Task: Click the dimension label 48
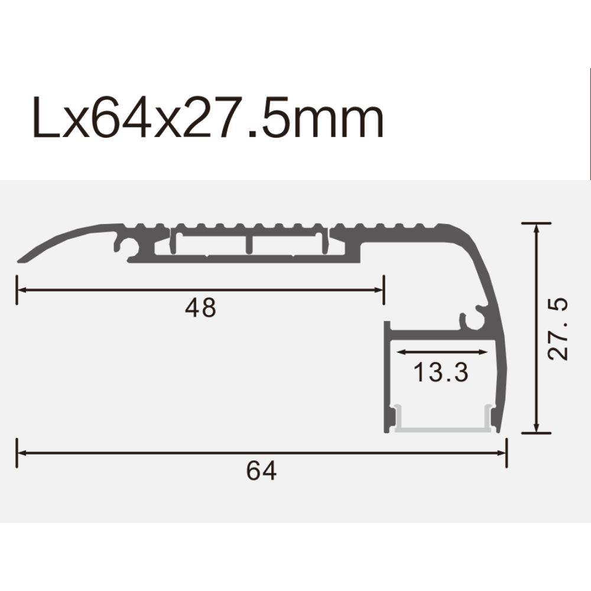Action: pyautogui.click(x=201, y=308)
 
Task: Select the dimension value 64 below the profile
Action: pyautogui.click(x=261, y=471)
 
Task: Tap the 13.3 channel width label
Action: pyautogui.click(x=440, y=372)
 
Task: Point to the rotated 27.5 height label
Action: pyautogui.click(x=558, y=329)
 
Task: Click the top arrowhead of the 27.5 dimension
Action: pyautogui.click(x=536, y=229)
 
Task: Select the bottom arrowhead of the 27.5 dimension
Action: pyautogui.click(x=536, y=427)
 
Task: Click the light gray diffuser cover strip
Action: pyautogui.click(x=443, y=427)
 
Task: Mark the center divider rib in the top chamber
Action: pyautogui.click(x=250, y=245)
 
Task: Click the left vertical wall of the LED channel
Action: pyautogui.click(x=388, y=378)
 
